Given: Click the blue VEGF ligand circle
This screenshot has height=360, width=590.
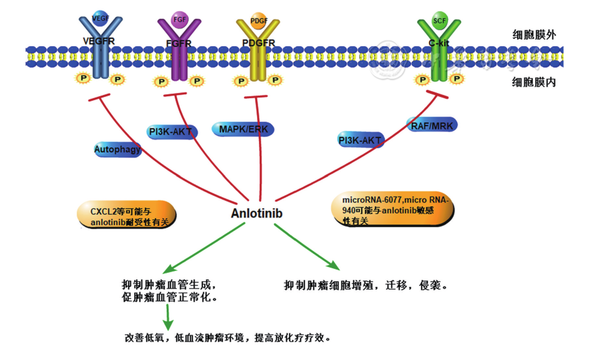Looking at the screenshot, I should coord(101,18).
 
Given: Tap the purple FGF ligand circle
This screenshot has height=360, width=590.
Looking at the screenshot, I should coord(180,19).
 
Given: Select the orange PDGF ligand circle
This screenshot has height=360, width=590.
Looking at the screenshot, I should coord(258,20).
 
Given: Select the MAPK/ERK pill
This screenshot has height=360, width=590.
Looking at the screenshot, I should coord(243,129).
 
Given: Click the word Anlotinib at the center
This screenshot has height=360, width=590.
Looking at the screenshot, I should coord(257,213).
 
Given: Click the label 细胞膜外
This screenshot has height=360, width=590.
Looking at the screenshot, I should coord(534,35).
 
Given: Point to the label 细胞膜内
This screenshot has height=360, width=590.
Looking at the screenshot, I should coord(534,83).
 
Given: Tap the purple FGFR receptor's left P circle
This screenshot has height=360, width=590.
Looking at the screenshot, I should coord(160,82).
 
